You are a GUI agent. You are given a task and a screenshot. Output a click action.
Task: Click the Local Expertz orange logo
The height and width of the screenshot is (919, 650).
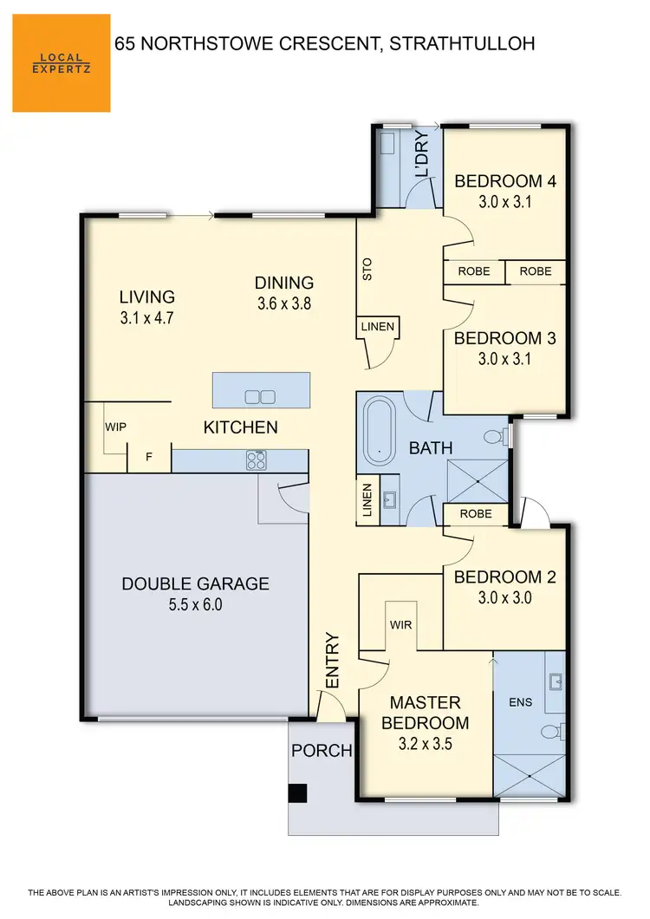[x=61, y=62]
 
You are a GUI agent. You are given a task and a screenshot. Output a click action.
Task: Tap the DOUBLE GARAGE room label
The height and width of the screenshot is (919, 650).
[x=195, y=583]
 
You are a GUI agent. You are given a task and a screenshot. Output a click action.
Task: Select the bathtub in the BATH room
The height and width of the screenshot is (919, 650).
[x=377, y=430]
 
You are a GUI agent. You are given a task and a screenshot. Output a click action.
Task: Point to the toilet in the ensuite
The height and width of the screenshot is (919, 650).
[x=551, y=731]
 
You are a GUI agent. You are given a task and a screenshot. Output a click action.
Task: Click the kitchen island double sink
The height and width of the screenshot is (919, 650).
[x=260, y=397]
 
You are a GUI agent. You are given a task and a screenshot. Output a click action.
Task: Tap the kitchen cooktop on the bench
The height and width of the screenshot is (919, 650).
[x=256, y=459]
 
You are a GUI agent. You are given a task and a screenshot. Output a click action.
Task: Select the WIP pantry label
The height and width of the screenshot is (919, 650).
[x=116, y=427]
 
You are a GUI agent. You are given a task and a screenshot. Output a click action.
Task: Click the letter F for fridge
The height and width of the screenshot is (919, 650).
[x=149, y=458]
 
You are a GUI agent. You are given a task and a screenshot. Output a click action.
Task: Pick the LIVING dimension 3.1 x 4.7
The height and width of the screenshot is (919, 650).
[x=147, y=317]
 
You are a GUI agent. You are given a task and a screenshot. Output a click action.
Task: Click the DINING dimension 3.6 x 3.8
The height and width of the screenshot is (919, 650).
[x=284, y=303]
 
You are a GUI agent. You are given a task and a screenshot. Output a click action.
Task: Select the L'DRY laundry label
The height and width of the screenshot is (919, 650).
[x=422, y=157]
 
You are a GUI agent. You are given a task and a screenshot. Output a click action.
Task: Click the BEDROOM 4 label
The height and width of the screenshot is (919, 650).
[x=504, y=181]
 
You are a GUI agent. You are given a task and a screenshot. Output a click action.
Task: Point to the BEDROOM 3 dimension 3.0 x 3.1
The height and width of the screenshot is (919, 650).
[x=504, y=358]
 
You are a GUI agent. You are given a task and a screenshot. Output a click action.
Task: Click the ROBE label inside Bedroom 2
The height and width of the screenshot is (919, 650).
[x=476, y=514]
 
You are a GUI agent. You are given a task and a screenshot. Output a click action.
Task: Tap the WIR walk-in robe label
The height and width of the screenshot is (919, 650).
[x=400, y=624]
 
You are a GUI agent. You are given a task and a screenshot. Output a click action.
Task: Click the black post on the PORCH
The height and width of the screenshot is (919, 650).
[x=297, y=793]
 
